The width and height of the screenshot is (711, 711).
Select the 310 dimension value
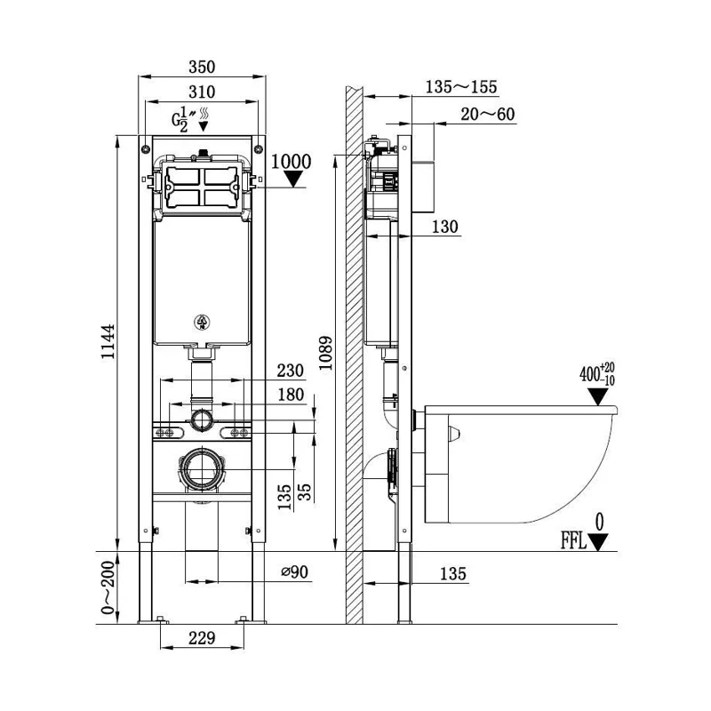(x=203, y=92)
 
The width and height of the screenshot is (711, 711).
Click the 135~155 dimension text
(x=462, y=87)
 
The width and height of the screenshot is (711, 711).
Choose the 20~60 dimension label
(x=488, y=114)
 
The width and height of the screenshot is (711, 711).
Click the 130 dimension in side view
(x=446, y=228)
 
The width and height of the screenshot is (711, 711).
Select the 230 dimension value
(x=291, y=371)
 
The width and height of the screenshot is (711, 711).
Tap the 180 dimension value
(x=291, y=394)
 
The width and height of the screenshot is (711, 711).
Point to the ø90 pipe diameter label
(x=294, y=573)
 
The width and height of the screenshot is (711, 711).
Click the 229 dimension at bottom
(x=203, y=637)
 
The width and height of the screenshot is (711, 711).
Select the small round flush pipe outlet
(x=202, y=418)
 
